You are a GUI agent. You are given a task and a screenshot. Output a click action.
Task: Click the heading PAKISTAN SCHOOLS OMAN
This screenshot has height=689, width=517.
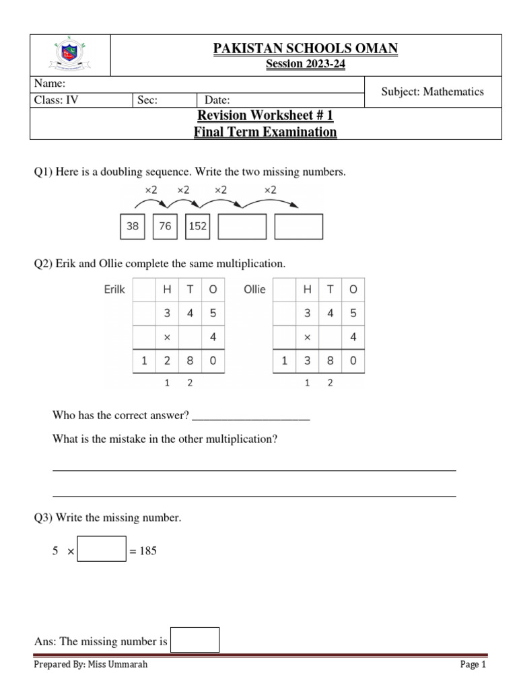305,48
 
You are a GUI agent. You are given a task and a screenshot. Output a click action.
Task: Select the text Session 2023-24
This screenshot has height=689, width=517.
305,64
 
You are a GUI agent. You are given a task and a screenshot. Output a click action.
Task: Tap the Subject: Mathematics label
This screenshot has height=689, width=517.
432,92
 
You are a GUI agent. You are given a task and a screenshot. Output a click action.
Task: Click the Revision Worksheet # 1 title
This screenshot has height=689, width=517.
265,116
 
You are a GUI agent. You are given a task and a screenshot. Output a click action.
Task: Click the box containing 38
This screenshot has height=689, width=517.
133,227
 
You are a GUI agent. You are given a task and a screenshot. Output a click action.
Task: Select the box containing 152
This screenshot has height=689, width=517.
197,227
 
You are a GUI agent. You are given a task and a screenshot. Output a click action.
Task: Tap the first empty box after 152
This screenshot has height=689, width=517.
242,227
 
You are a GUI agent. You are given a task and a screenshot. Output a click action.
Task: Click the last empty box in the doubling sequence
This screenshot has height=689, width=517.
299,227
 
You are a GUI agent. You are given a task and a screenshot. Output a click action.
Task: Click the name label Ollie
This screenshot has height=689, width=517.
254,290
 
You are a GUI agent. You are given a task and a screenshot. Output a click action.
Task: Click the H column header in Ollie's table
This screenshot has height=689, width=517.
308,290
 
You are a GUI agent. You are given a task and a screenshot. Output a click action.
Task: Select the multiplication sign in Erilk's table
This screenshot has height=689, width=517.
166,337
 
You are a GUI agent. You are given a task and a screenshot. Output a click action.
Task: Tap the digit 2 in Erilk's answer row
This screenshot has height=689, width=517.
166,361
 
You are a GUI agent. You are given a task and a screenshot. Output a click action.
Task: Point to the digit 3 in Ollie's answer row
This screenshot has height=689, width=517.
308,361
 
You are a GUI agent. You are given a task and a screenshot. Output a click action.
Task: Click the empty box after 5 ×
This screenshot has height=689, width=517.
102,548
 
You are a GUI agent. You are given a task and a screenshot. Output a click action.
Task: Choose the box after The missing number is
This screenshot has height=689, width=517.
195,640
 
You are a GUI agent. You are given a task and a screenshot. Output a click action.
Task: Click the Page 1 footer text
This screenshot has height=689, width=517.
473,665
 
